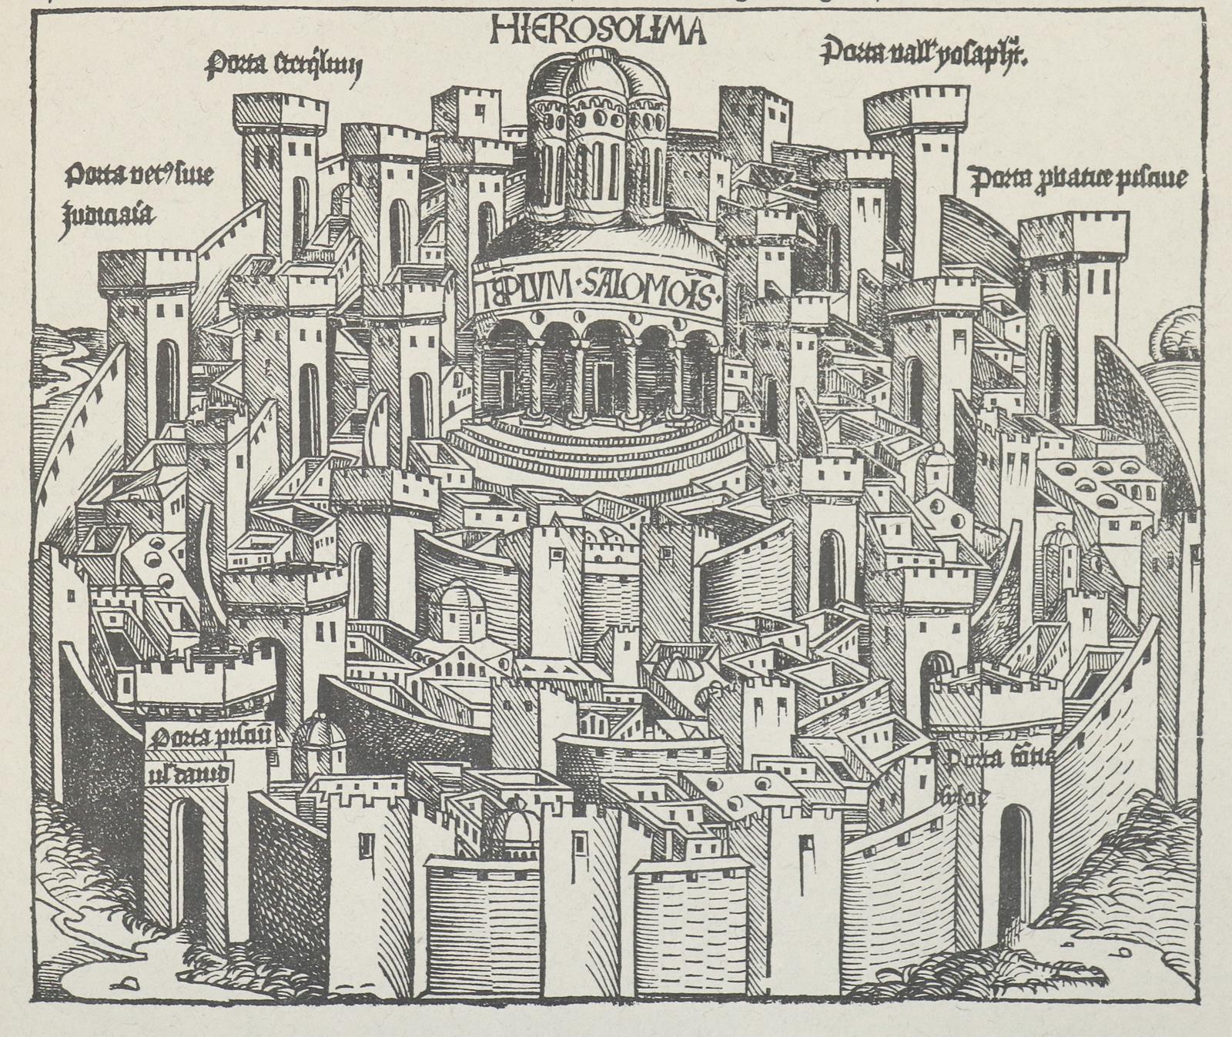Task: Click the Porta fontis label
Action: click(1001, 763)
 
